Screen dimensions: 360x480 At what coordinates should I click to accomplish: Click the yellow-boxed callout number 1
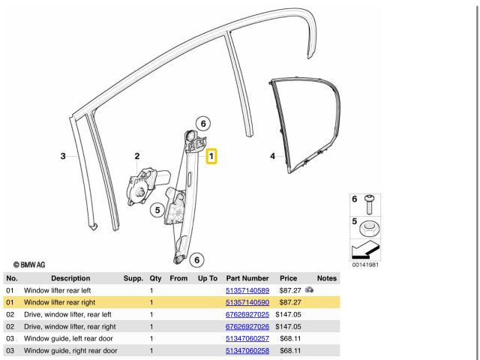212,157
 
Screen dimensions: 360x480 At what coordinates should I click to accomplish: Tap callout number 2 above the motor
136,156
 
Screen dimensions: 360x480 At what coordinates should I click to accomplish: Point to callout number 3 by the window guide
64,156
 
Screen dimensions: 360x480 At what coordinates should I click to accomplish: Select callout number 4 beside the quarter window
273,156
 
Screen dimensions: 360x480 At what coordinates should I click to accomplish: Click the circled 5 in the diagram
157,211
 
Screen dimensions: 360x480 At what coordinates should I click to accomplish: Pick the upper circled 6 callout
203,123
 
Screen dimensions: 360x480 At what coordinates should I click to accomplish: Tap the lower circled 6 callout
196,260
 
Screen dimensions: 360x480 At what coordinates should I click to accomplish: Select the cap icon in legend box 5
368,228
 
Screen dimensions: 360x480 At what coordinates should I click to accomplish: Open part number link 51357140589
247,289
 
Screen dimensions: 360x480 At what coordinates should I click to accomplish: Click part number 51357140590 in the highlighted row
247,302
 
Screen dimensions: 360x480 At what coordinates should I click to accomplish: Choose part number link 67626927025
247,314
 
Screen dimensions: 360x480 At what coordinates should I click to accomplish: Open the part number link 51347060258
247,351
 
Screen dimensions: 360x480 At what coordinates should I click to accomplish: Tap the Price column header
288,277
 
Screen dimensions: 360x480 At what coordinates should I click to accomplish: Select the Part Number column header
247,277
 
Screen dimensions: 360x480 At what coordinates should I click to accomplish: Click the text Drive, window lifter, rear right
70,326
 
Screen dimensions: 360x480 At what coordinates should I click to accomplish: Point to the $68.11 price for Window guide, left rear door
289,339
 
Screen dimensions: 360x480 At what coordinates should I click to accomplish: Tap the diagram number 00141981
364,265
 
